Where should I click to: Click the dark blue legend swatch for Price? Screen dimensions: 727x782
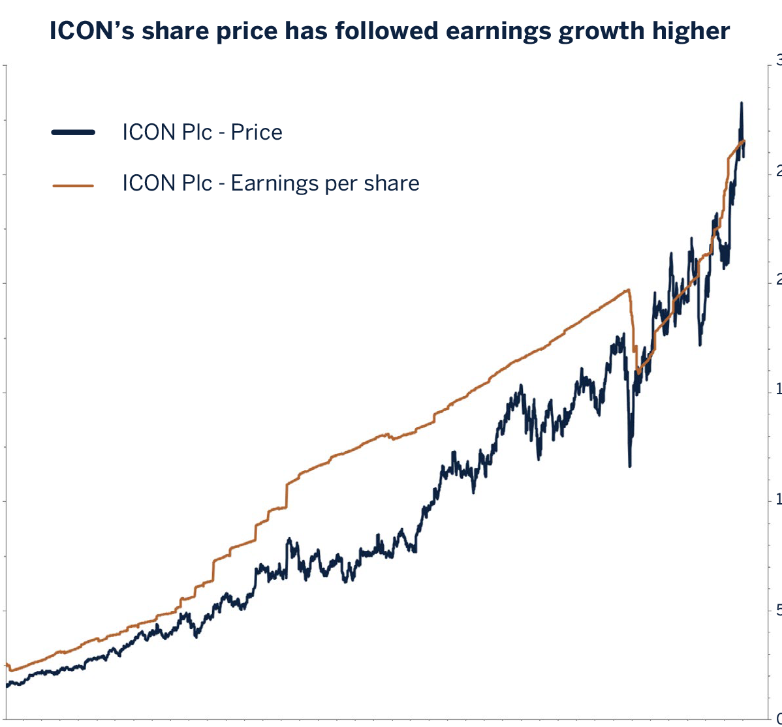click(73, 132)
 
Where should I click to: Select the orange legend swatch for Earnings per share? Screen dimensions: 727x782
click(73, 185)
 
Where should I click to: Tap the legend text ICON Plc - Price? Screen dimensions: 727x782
click(202, 132)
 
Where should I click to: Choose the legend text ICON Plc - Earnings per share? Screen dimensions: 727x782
click(270, 183)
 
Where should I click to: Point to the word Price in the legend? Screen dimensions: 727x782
click(257, 132)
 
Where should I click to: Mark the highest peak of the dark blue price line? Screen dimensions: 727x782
click(741, 103)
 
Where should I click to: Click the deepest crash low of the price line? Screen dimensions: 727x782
click(629, 465)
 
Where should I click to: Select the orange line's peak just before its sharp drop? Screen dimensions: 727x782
click(628, 290)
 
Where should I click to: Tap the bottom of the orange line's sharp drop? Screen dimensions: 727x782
click(638, 373)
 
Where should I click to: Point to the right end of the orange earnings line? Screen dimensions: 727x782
click(744, 141)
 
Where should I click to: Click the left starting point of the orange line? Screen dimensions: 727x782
click(7, 664)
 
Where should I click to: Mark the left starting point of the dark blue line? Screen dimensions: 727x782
click(7, 685)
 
